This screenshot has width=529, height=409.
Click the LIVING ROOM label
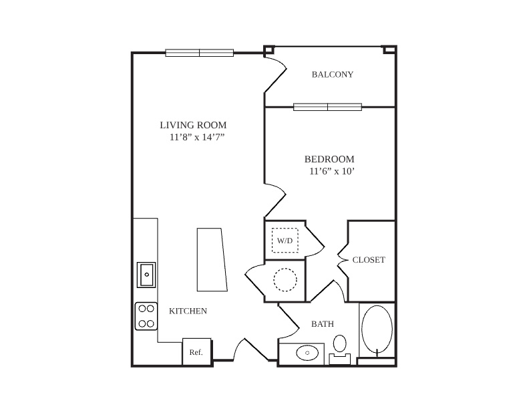click(x=193, y=125)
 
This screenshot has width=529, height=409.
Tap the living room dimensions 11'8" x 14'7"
click(x=197, y=138)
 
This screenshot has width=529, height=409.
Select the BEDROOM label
click(x=329, y=159)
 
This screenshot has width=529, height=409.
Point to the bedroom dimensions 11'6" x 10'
click(x=332, y=172)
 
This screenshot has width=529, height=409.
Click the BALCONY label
click(x=333, y=74)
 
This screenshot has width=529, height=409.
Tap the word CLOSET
click(x=369, y=260)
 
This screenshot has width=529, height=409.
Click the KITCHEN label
click(x=188, y=311)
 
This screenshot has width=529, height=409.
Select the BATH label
click(x=323, y=324)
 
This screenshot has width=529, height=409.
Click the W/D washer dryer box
click(x=285, y=241)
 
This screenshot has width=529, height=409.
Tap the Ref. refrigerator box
click(x=196, y=352)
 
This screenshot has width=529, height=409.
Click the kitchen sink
click(x=146, y=275)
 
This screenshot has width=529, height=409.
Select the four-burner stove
click(x=146, y=316)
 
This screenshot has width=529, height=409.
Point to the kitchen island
click(x=212, y=259)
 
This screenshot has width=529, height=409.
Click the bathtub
click(x=377, y=329)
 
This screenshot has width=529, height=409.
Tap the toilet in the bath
click(x=340, y=350)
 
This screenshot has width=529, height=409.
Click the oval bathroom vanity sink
click(x=307, y=353)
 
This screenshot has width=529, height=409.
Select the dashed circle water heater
click(x=285, y=280)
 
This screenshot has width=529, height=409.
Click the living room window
click(x=200, y=53)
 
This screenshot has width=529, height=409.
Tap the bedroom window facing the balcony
click(x=327, y=107)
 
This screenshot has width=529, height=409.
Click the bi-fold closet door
click(x=342, y=259)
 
